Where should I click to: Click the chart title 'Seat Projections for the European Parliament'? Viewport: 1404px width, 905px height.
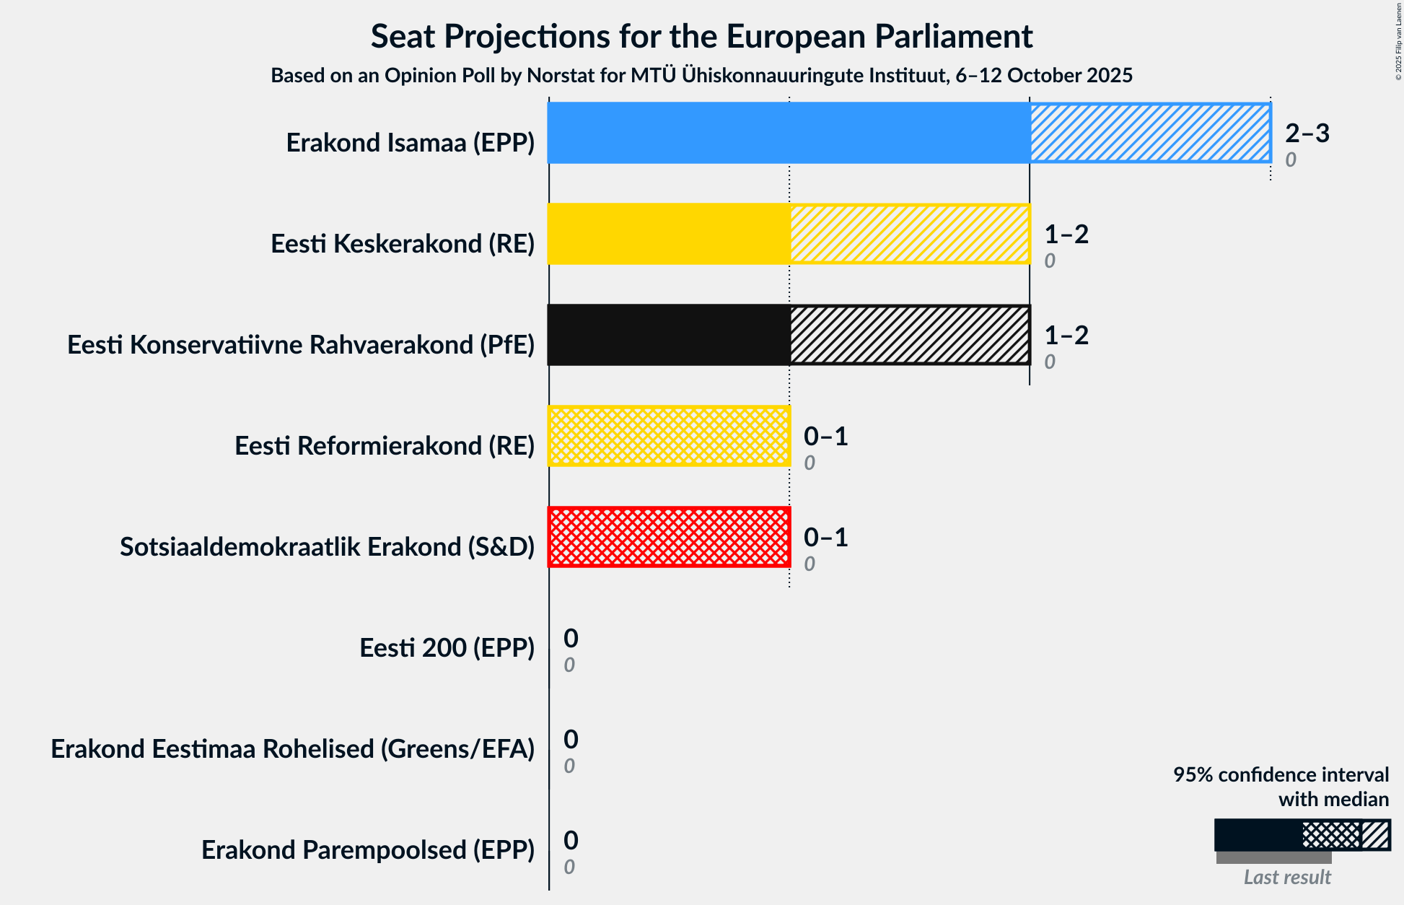(701, 37)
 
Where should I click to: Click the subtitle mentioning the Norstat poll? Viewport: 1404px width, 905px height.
(701, 76)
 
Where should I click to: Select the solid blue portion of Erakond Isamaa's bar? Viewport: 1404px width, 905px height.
(789, 133)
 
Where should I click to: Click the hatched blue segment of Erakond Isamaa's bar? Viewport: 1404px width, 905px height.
(1150, 133)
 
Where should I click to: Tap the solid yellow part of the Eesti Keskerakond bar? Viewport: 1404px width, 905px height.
(669, 234)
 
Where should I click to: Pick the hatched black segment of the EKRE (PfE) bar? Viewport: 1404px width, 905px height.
(910, 335)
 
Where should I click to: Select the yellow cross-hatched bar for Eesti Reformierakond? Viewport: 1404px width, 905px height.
(669, 436)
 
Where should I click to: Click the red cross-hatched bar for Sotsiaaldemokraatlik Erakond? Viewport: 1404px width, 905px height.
(669, 537)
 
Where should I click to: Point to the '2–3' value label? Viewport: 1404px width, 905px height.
(1307, 133)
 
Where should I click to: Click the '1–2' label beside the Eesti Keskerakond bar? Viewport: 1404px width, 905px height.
(1066, 234)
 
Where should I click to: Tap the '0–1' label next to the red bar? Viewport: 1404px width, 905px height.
(825, 537)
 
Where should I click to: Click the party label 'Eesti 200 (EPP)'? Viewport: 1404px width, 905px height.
(447, 648)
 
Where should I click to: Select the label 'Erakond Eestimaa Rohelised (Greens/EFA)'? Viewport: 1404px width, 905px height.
(292, 749)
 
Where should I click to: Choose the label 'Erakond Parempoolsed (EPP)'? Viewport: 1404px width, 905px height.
(368, 850)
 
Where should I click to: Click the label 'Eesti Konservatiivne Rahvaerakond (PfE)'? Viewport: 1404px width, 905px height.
(301, 345)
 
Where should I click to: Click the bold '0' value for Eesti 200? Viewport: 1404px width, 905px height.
(571, 638)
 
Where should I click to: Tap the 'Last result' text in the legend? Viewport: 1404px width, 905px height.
(1287, 877)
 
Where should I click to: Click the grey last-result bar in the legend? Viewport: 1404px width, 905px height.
(1273, 857)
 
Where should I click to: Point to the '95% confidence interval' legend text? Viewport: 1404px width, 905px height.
(1281, 775)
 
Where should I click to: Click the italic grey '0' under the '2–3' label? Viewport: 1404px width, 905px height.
(1291, 159)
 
